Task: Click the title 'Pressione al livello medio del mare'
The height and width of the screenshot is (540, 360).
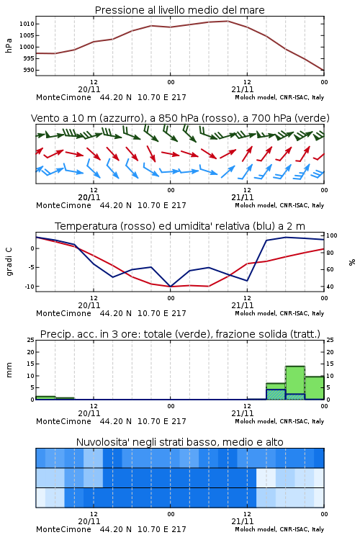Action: (179, 10)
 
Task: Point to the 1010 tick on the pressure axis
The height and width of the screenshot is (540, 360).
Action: (27, 24)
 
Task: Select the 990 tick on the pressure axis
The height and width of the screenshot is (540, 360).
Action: (29, 70)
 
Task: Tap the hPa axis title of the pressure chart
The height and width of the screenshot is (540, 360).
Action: (9, 45)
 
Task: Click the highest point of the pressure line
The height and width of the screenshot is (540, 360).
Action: (228, 21)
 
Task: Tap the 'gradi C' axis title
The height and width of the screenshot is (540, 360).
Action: (9, 261)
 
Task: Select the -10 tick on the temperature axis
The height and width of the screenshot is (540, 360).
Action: (29, 286)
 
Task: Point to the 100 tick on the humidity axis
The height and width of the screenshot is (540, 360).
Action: (332, 235)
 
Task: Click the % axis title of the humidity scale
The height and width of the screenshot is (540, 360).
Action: (352, 262)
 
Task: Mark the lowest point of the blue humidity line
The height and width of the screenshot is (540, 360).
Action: (170, 286)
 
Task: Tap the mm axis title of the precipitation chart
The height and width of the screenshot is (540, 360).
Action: (9, 370)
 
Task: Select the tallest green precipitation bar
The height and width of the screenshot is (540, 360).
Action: (295, 382)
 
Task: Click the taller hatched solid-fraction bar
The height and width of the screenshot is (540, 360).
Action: (276, 395)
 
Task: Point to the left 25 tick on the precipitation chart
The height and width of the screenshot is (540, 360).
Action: (31, 340)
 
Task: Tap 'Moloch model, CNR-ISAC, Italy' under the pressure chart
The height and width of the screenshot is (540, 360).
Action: (279, 97)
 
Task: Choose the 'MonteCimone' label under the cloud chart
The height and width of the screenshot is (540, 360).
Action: (64, 529)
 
